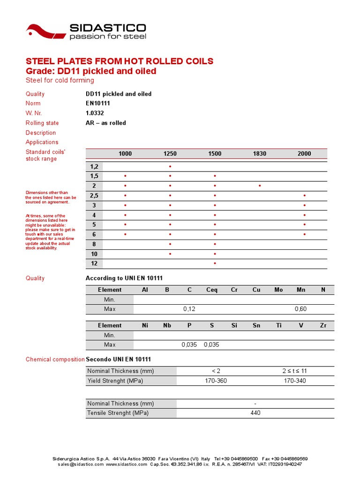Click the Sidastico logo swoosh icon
coord(45,32)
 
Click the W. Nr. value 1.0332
coord(95,113)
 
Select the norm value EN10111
coord(98,103)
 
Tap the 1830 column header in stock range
coord(259,154)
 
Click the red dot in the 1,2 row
coord(170,166)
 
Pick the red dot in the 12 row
coord(215,263)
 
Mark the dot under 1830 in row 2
coord(259,186)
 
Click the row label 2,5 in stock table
coord(94,195)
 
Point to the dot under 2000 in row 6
coord(304,234)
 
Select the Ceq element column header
coord(212,290)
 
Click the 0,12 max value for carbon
coord(189,309)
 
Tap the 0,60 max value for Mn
coord(300,309)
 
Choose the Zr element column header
coord(323,325)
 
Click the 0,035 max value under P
coord(189,345)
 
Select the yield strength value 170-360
coord(216,381)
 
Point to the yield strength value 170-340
coord(295,381)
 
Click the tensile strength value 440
coord(255,413)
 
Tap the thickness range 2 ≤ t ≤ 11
coord(295,371)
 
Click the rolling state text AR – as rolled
coord(106,123)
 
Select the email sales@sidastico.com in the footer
coord(81,464)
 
